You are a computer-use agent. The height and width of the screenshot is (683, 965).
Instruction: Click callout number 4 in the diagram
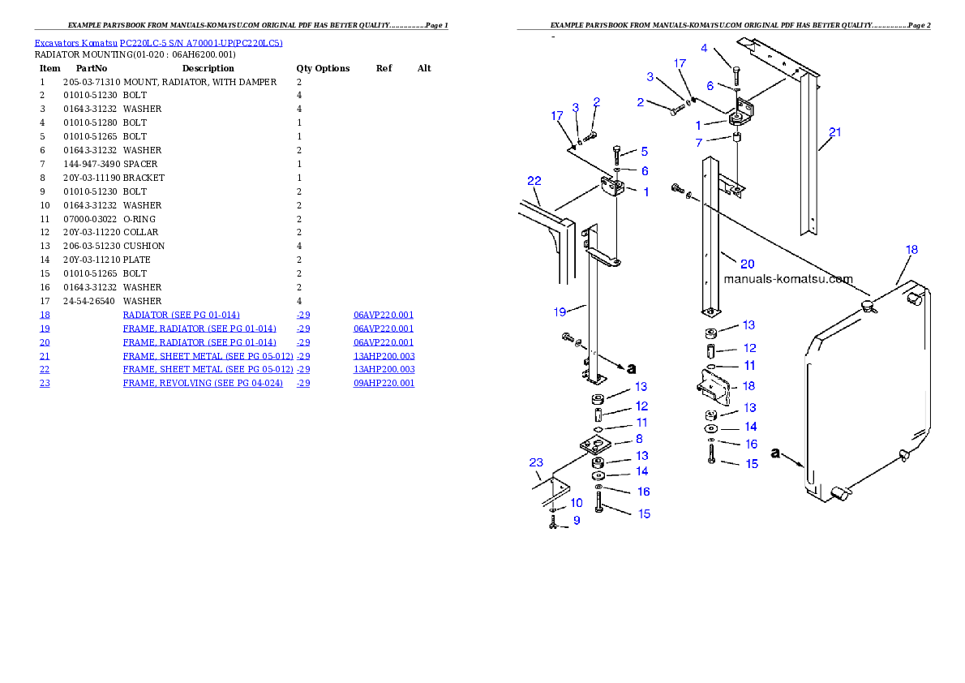pos(704,49)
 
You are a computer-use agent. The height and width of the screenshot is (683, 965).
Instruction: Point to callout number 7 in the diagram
pos(698,144)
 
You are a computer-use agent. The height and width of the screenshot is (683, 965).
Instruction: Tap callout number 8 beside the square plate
pos(639,438)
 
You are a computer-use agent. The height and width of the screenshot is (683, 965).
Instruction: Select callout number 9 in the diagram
pos(577,521)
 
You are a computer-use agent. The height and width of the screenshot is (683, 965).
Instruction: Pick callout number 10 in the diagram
pos(577,503)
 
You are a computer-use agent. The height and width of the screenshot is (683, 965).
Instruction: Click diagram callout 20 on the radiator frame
pos(747,263)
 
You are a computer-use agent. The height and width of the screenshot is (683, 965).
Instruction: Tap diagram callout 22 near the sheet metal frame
pos(534,180)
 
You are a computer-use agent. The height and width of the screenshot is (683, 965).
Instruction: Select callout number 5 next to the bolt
pos(644,151)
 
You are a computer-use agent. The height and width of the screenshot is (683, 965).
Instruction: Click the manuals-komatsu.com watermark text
pos(787,279)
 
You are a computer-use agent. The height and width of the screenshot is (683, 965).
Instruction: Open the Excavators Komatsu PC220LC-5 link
pos(158,43)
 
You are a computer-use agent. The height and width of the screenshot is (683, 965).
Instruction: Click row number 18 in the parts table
pos(45,315)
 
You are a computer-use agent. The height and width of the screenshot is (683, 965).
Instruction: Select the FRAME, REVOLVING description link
pos(203,383)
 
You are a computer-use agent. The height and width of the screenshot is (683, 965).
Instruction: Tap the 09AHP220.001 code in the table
pos(384,383)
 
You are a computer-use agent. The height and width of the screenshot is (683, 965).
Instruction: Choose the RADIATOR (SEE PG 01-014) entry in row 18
pos(181,315)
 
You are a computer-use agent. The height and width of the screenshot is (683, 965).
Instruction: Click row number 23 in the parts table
pos(45,383)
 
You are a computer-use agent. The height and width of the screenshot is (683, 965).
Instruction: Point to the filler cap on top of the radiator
pos(868,306)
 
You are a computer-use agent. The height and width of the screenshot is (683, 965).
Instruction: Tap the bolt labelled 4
pos(735,78)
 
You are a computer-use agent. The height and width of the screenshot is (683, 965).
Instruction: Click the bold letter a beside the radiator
pos(776,453)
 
